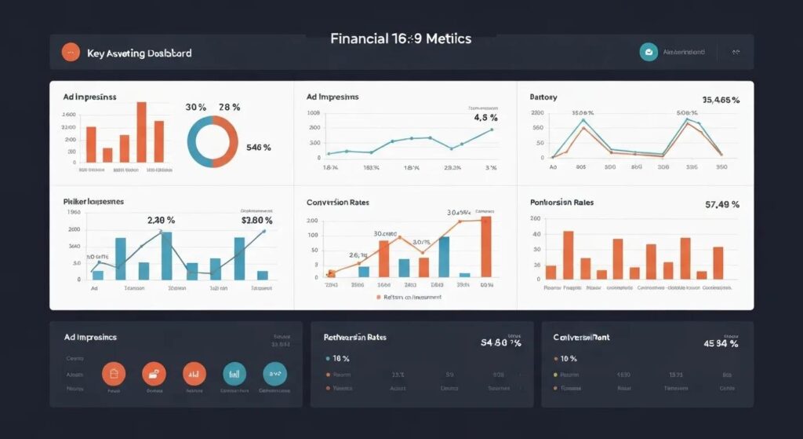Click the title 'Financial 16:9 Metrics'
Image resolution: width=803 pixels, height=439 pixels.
401,38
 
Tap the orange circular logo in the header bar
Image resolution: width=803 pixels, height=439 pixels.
71,53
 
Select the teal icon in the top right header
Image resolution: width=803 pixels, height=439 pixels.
649,52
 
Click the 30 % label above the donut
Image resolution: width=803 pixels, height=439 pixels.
195,107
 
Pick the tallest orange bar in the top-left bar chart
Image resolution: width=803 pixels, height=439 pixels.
142,131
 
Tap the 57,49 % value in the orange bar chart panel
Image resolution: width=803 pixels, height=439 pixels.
721,204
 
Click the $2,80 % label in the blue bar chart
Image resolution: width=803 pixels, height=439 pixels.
256,221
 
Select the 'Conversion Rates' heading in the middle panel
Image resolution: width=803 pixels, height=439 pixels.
340,202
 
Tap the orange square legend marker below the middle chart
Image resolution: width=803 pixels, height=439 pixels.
378,298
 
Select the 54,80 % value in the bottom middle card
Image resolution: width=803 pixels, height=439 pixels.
500,343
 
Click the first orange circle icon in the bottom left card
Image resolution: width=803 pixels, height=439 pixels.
114,373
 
